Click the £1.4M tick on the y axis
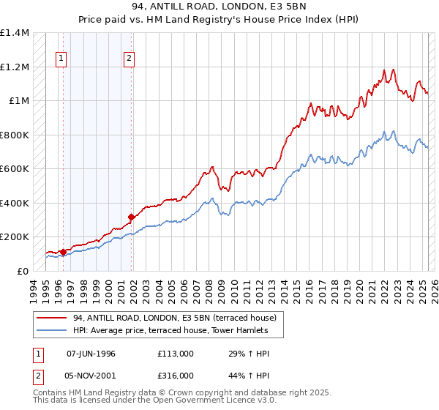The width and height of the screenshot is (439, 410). pyautogui.click(x=15, y=33)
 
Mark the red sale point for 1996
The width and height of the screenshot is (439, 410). pyautogui.click(x=63, y=253)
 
